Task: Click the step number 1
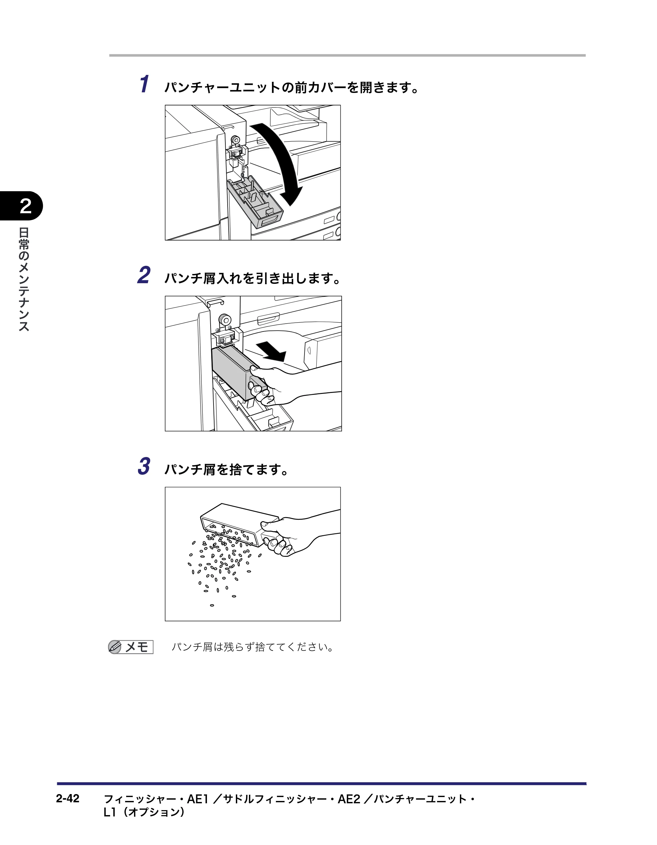click(144, 84)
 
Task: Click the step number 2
click(144, 275)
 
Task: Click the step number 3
click(144, 466)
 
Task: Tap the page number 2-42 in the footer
click(68, 798)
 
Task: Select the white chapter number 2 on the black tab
click(26, 206)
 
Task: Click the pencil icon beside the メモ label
click(115, 647)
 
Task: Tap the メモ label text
click(137, 647)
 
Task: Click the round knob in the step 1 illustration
click(235, 140)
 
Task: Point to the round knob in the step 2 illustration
click(224, 320)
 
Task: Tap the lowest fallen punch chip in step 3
click(212, 605)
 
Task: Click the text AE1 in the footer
click(198, 799)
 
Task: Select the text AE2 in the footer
click(349, 799)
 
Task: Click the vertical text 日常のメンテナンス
click(24, 279)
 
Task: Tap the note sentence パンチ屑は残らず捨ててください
click(252, 647)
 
